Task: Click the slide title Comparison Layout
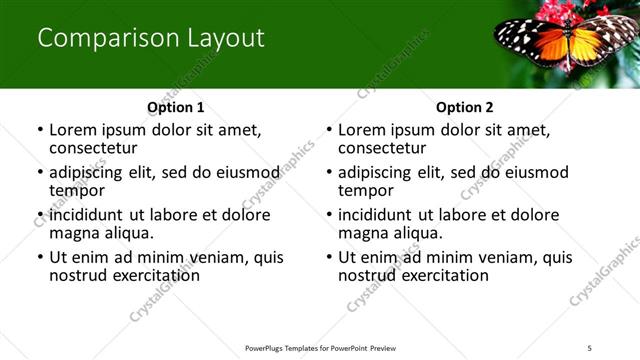coord(151,39)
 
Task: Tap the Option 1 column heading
coord(175,106)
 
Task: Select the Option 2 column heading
coord(464,106)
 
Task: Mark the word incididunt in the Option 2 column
coord(377,215)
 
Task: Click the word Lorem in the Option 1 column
coord(73,130)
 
